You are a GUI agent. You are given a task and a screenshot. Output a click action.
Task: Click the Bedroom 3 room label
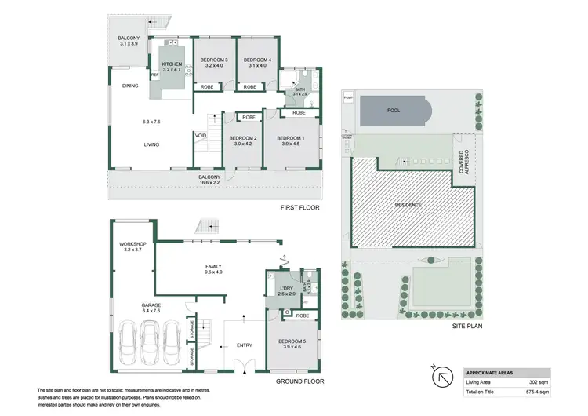pyautogui.click(x=213, y=60)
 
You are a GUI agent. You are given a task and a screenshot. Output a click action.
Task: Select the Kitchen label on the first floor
pyautogui.click(x=172, y=64)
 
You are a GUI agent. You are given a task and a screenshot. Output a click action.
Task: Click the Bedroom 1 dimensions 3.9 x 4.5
pyautogui.click(x=290, y=144)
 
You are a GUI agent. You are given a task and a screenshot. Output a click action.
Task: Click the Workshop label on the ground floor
pyautogui.click(x=132, y=244)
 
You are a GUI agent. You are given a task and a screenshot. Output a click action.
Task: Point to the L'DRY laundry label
pyautogui.click(x=286, y=290)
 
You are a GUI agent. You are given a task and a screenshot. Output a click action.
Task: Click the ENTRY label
pyautogui.click(x=245, y=345)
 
